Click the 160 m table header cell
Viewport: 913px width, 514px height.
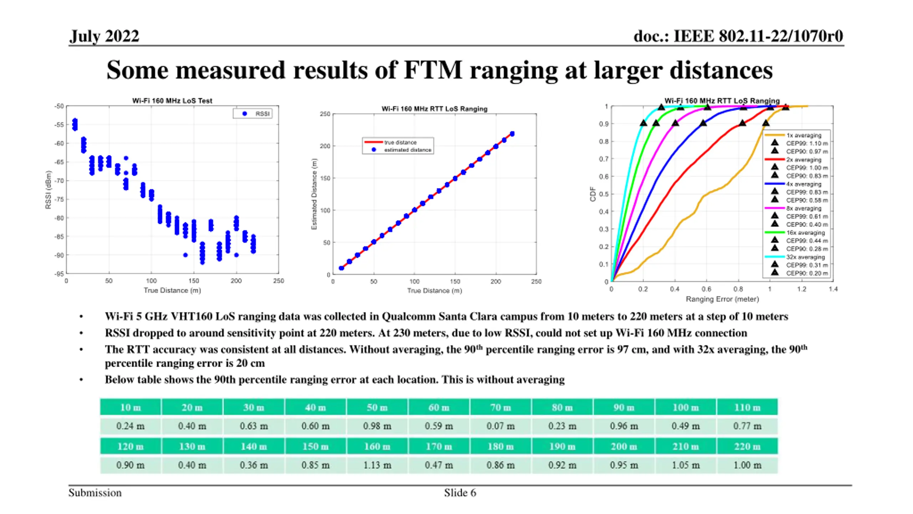pos(377,446)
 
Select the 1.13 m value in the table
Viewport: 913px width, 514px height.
pos(377,465)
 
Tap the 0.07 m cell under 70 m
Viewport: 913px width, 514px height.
pos(500,426)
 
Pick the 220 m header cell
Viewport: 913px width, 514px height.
pos(747,446)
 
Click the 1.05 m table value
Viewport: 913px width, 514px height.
pos(685,465)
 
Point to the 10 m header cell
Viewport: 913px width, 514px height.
pos(130,407)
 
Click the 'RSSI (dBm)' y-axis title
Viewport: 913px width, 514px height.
pos(48,190)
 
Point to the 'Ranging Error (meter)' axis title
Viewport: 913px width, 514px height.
pos(722,299)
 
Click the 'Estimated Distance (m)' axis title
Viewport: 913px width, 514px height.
pos(314,194)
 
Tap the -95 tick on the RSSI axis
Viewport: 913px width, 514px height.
pos(59,274)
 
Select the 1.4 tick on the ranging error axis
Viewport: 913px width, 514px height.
pos(833,289)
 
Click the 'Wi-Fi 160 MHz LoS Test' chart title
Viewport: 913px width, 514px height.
pos(172,101)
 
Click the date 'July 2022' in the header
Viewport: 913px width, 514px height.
pos(104,36)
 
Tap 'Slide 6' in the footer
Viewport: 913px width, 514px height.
pos(460,493)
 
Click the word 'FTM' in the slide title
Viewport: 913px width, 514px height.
pos(433,70)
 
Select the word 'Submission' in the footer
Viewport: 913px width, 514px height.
pos(95,493)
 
